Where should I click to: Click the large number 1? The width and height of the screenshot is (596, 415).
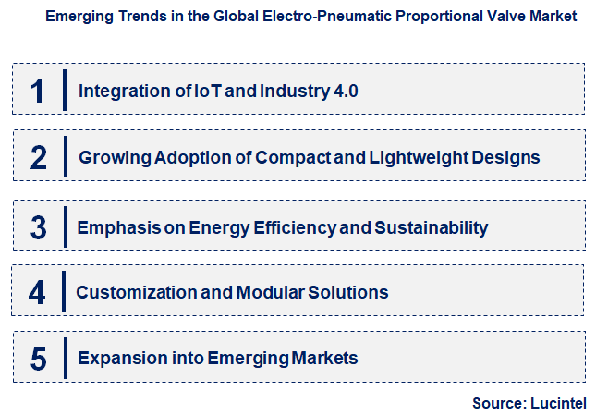point(38,91)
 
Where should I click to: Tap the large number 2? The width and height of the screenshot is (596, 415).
point(38,157)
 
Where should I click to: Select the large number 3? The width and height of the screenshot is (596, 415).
point(38,226)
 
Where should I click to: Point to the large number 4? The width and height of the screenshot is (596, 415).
point(37,293)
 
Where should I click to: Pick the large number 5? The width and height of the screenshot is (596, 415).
point(38,359)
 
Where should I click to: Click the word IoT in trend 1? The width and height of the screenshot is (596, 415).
point(205,91)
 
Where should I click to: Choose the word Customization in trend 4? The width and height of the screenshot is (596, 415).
point(131,293)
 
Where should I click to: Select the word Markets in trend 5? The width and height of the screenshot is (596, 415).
point(325,359)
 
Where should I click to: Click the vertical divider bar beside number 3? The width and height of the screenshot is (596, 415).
point(65,226)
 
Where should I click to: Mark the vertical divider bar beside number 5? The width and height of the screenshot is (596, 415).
point(65,358)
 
